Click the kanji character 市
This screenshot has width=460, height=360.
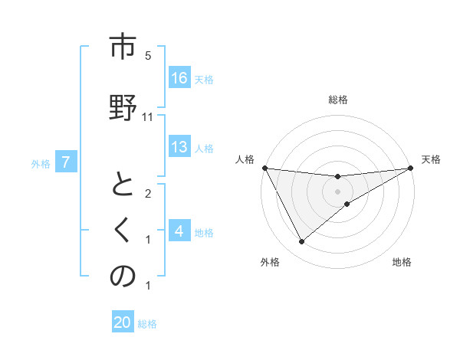coord(122,47)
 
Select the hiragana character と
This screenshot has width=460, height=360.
coord(122,186)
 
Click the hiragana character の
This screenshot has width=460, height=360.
coord(122,277)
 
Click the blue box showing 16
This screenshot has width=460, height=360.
coord(179,78)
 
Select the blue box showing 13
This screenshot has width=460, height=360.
coord(179,148)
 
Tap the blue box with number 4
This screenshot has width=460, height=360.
coord(179,231)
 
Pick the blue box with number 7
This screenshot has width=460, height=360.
coord(67,162)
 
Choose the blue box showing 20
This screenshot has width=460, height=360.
coord(123,322)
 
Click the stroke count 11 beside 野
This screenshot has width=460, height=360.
coord(148,116)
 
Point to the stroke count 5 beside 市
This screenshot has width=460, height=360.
coord(148,55)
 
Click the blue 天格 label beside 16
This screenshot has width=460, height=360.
coord(204,79)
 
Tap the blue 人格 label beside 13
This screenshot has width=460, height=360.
coord(204,149)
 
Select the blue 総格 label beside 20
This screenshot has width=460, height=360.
coord(147,323)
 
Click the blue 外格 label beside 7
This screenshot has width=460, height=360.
coord(41,163)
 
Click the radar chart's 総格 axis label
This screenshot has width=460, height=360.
coord(337,100)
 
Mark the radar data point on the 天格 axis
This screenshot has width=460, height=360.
coord(410,169)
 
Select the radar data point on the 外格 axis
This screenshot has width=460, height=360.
coord(301,241)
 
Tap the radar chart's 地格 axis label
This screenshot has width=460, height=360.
coord(402,263)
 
